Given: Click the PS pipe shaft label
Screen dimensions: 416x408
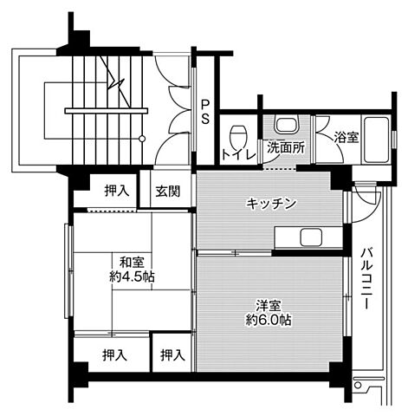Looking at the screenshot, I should point(205,112).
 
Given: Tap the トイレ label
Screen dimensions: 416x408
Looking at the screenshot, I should point(236,156).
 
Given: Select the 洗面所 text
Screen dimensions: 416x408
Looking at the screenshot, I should point(285,147).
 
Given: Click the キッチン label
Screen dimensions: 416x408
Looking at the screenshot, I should point(271,204).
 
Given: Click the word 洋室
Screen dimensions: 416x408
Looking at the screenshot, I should point(268,305).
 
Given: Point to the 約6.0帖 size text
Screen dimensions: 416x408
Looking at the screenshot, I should point(268,321).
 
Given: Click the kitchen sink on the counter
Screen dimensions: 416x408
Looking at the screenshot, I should point(309,237).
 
